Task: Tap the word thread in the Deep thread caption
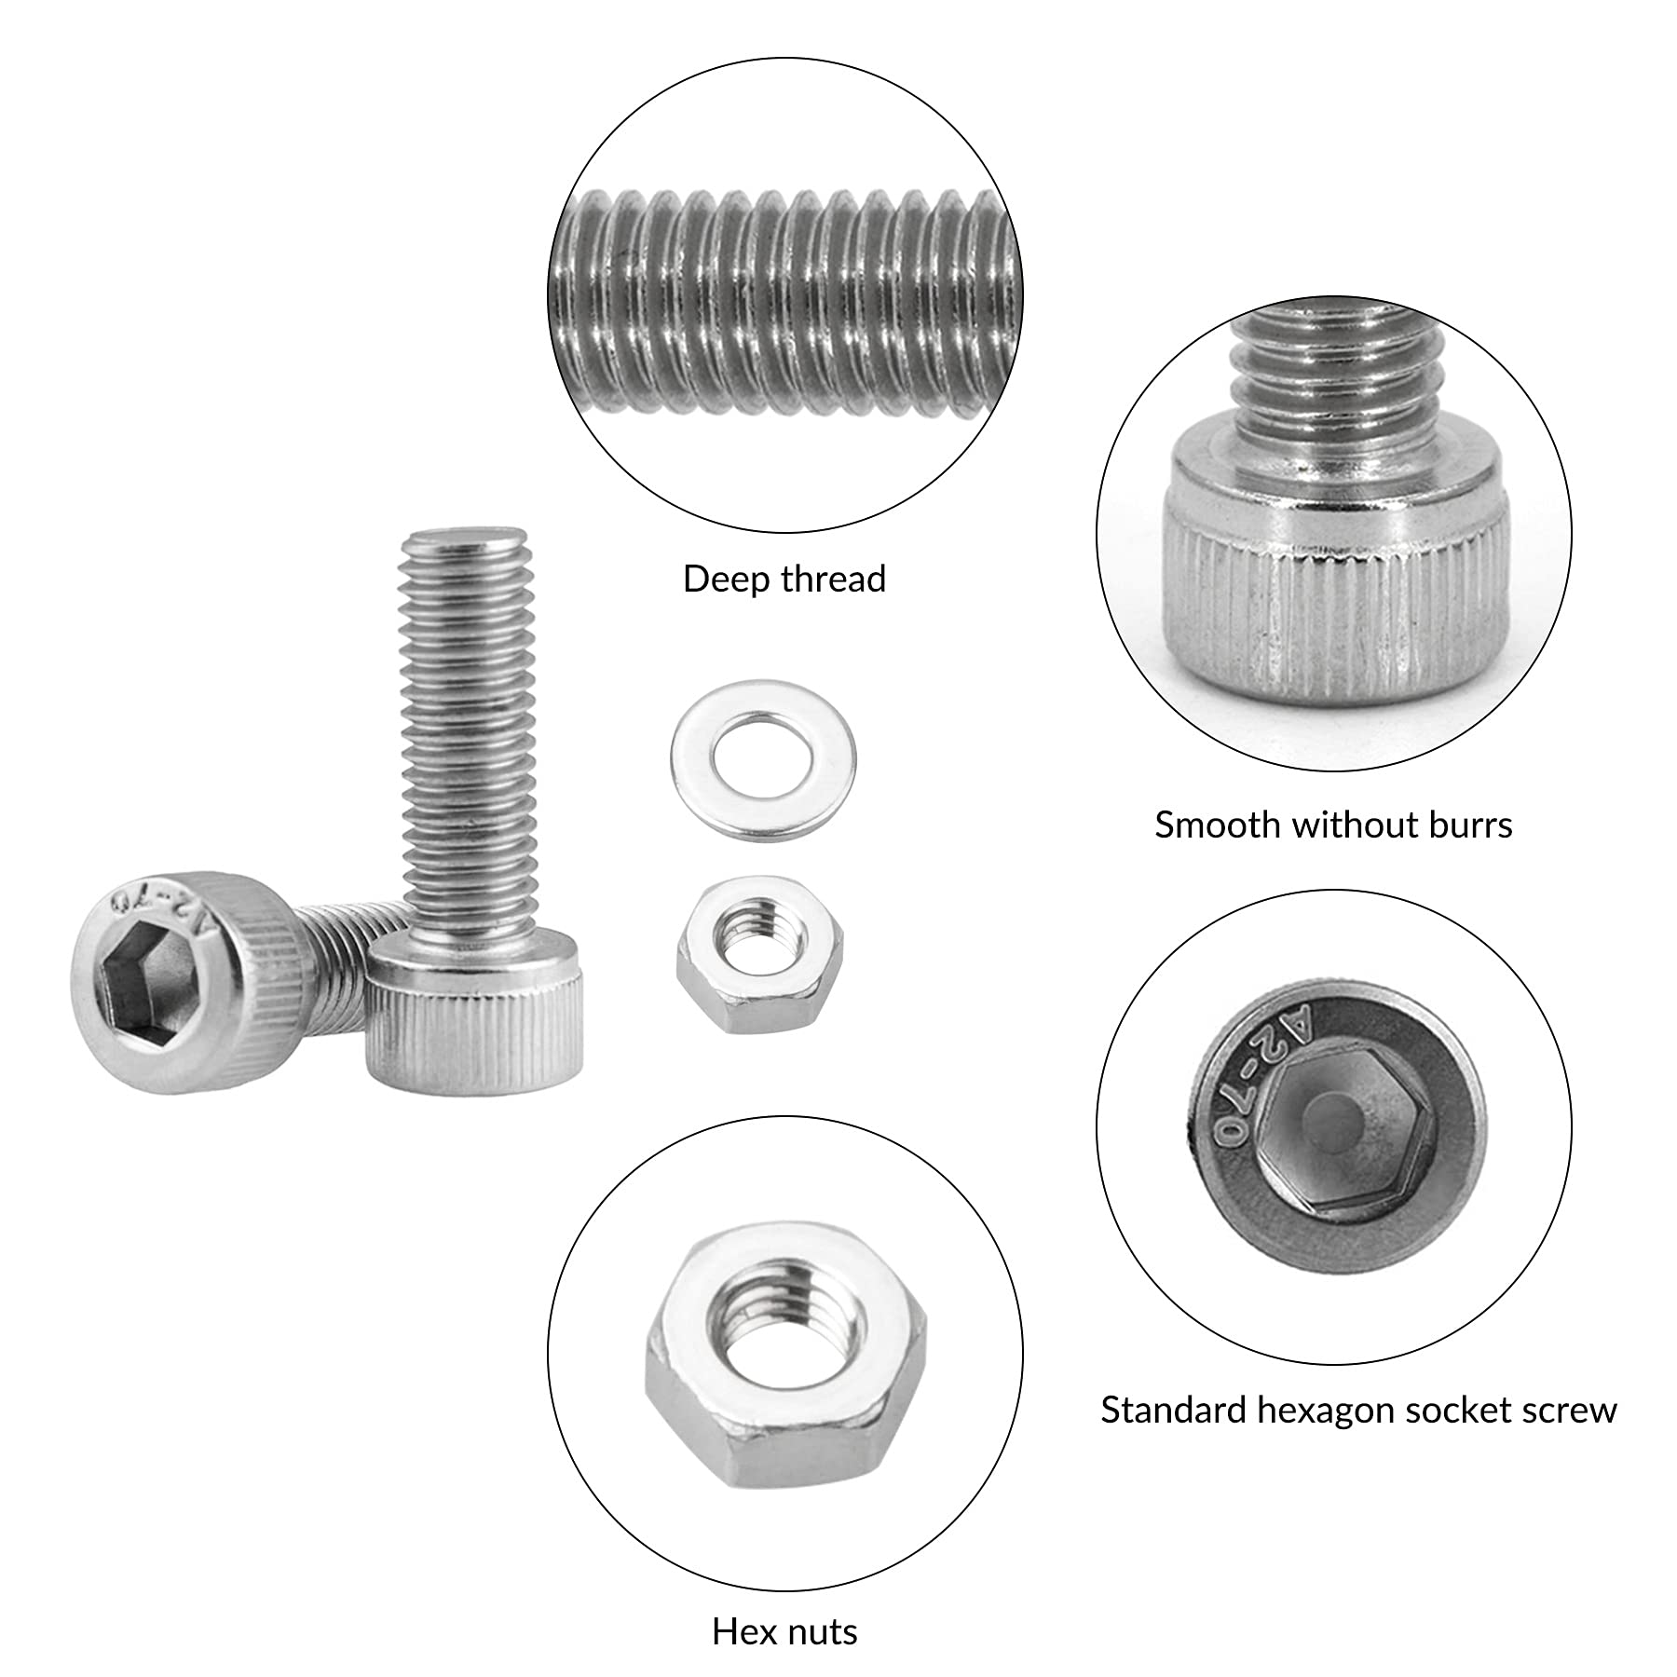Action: [x=835, y=579]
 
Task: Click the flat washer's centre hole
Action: [x=763, y=761]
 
